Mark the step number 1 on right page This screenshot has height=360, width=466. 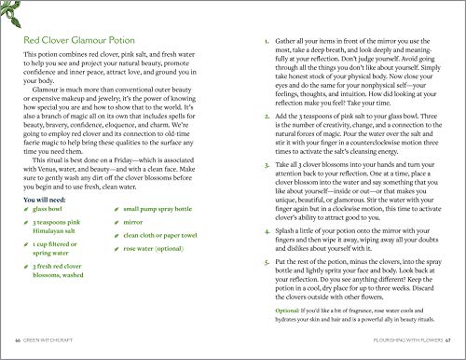pyautogui.click(x=267, y=42)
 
